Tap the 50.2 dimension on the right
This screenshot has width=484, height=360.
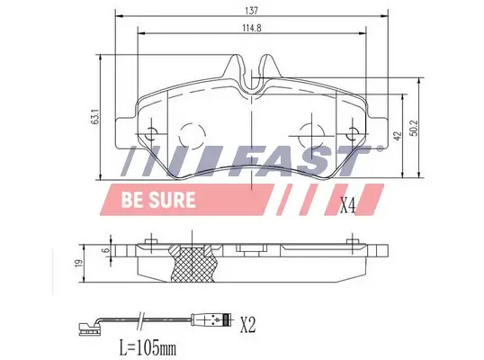[415, 129]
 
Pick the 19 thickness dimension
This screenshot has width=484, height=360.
[81, 265]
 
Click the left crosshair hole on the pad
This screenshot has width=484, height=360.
[151, 132]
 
